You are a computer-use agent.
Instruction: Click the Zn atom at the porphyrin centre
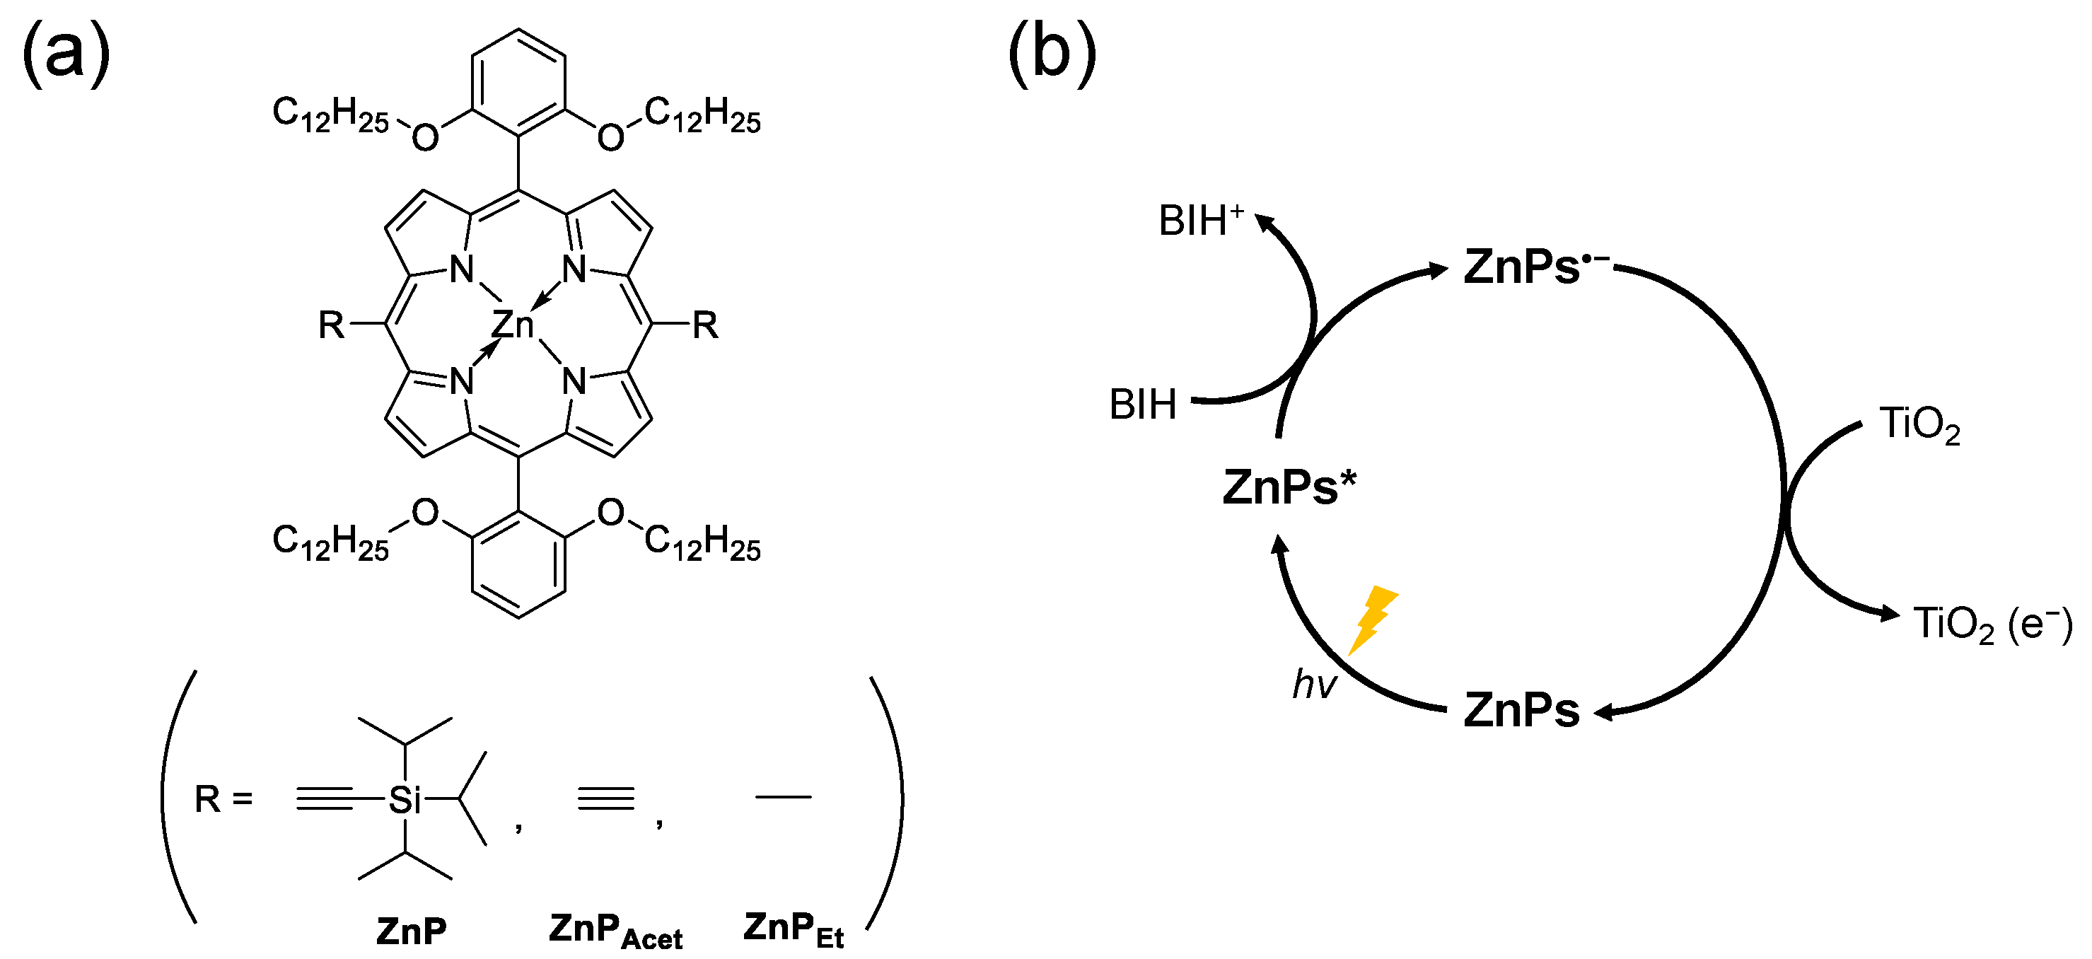pos(513,325)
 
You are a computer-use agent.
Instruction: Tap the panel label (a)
pos(65,53)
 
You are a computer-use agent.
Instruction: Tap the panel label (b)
pos(1052,53)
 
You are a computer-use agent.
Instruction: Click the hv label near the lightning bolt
pos(1313,684)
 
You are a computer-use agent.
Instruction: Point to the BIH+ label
pos(1200,221)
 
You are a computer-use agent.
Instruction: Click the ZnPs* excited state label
pos(1289,487)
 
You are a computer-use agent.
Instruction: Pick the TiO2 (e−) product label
pos(1992,624)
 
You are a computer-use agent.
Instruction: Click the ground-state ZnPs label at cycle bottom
pos(1521,711)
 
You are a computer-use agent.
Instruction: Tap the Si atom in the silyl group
pos(405,800)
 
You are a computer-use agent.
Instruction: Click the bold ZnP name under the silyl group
pos(411,931)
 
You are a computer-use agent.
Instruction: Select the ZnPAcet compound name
pos(615,931)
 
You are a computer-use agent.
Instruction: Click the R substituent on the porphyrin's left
pos(330,325)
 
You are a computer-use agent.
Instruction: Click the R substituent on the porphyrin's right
pos(704,325)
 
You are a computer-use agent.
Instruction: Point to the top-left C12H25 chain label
pos(330,114)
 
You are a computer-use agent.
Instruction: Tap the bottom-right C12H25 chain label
pos(702,542)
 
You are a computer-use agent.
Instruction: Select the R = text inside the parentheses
pos(223,800)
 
